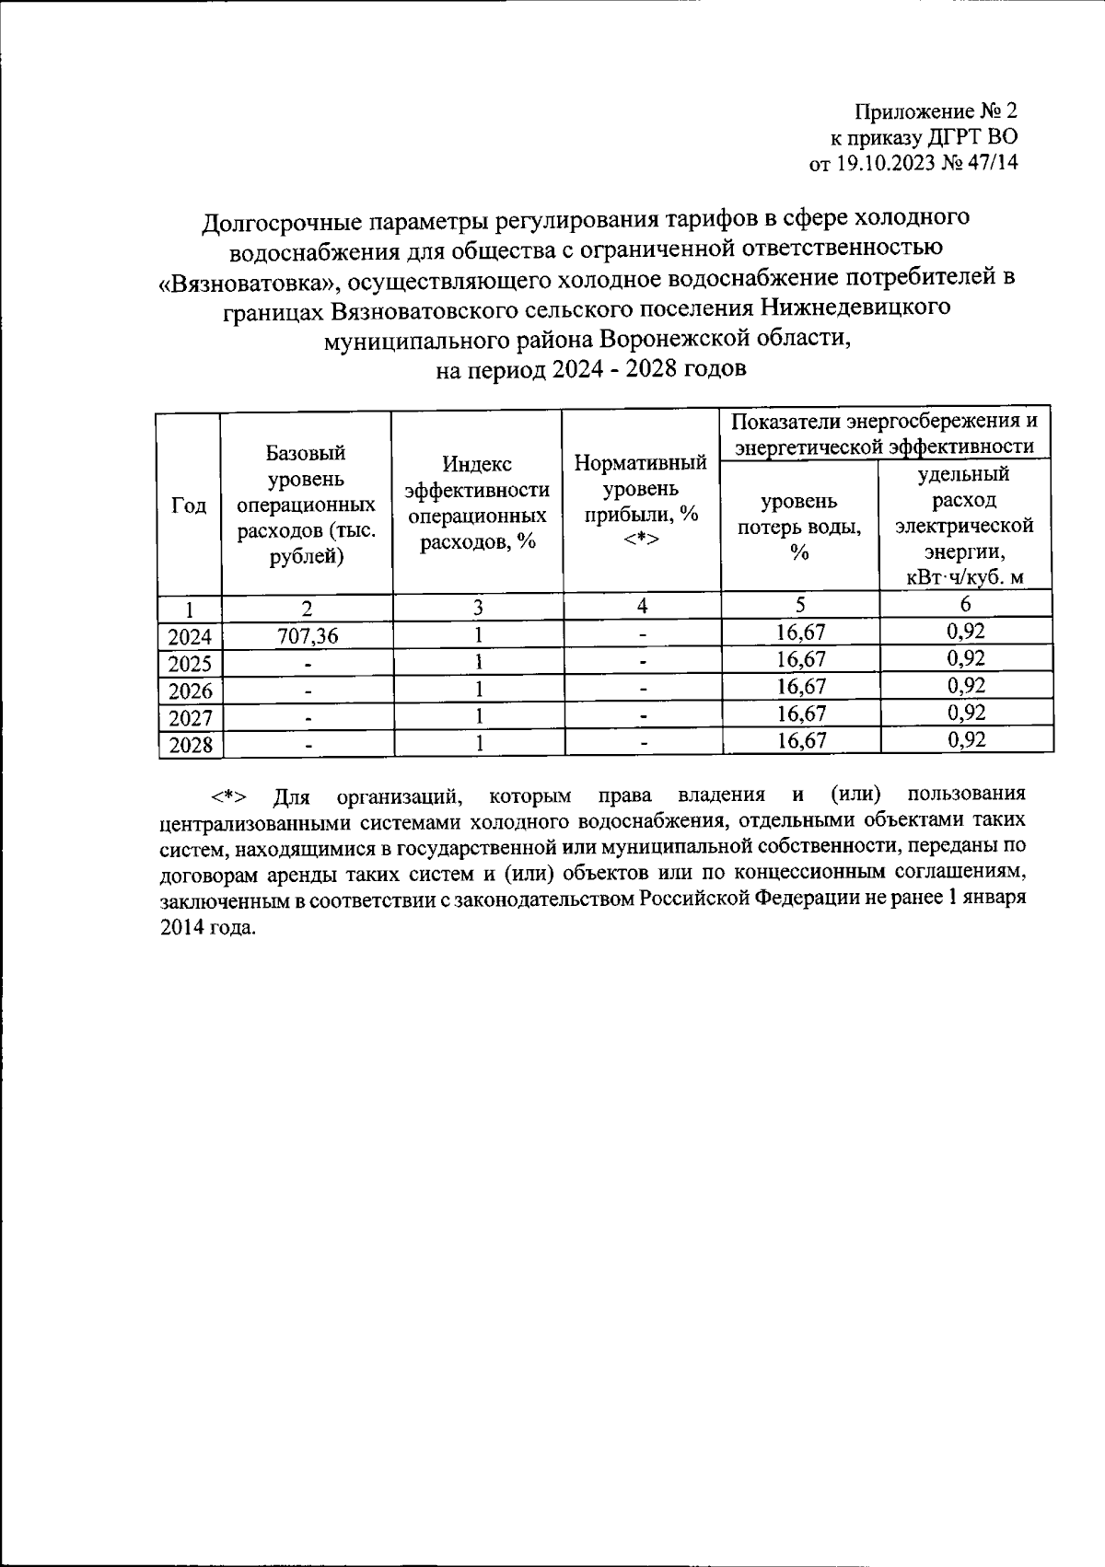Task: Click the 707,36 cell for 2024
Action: click(x=306, y=635)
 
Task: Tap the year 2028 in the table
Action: click(x=190, y=745)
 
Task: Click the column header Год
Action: click(x=189, y=505)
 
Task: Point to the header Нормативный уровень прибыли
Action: click(x=641, y=501)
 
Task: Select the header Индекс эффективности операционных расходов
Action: click(x=477, y=503)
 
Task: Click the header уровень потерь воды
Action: click(x=799, y=527)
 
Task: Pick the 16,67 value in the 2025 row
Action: click(x=800, y=659)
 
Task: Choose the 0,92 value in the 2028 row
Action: click(x=965, y=740)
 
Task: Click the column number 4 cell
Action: click(x=642, y=605)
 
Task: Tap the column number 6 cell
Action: click(x=965, y=604)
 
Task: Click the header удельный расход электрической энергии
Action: click(x=965, y=526)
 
